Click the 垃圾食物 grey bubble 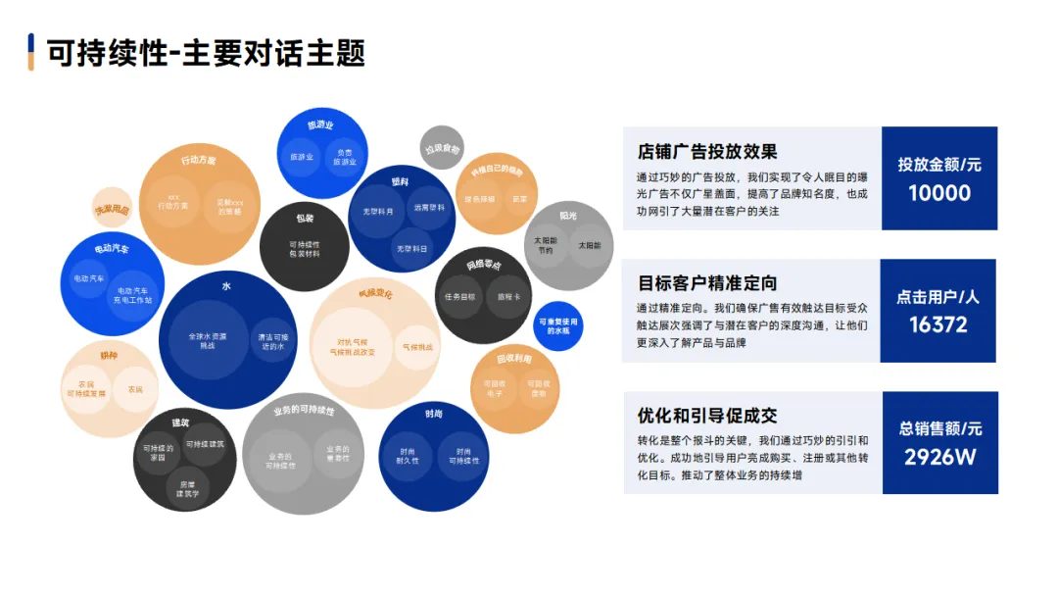coord(442,148)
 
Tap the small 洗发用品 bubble coord(112,208)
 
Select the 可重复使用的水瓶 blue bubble coord(557,325)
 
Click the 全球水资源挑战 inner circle coord(208,340)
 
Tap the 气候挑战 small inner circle coord(417,347)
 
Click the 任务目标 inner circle coord(459,296)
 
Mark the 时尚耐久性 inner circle coord(408,455)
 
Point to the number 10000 coord(938,193)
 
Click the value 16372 coord(938,324)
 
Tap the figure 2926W coord(939,457)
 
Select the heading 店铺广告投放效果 coord(706,152)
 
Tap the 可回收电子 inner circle coord(492,389)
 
